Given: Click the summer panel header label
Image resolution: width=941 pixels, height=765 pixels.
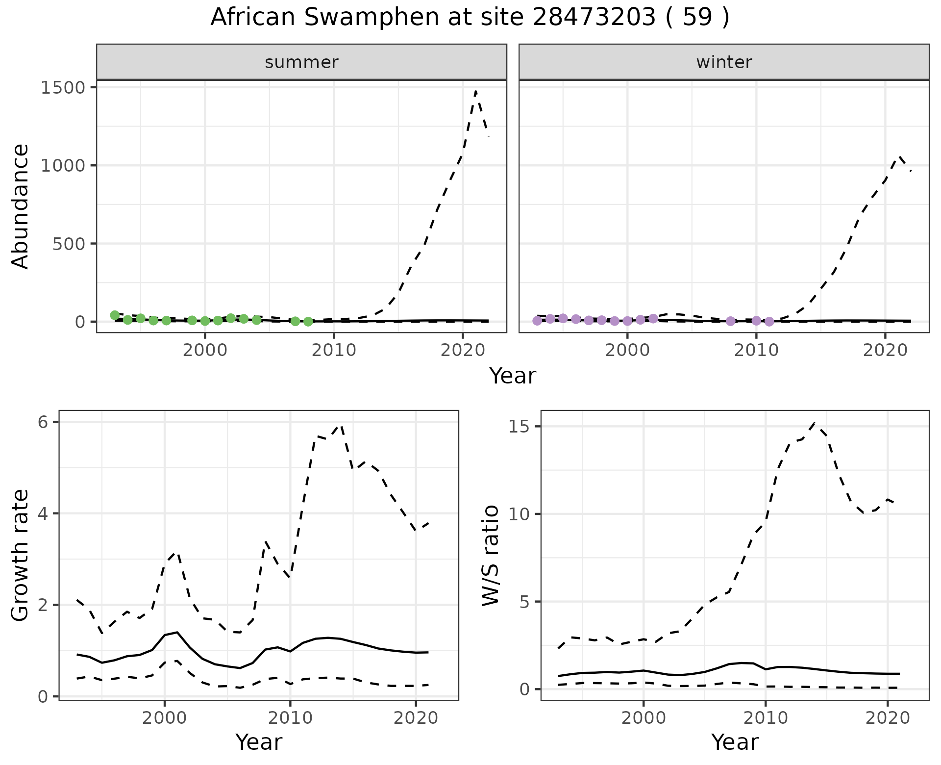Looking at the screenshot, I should coord(301,62).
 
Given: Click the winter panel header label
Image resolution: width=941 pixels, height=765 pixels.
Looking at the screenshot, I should coord(724,62).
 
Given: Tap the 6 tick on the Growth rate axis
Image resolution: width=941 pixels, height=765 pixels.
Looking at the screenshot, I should coord(47,422).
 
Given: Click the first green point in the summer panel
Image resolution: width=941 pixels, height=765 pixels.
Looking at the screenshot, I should coord(115,315).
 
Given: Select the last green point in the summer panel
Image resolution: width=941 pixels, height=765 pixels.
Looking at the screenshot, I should coord(308,322).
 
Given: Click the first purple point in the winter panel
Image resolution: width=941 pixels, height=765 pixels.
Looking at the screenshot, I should coord(537,321).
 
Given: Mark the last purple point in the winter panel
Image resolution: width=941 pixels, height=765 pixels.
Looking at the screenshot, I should coord(769,322).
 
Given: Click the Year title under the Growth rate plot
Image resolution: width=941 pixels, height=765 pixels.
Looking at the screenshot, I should coord(259,742).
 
